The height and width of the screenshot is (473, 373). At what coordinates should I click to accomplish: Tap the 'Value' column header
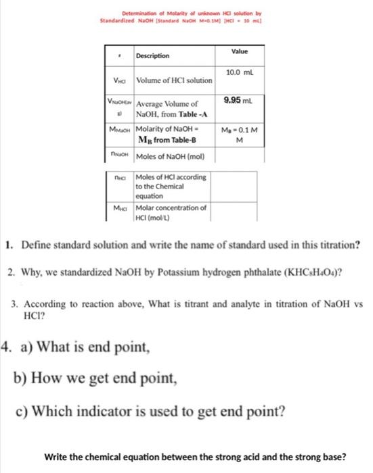tap(240, 51)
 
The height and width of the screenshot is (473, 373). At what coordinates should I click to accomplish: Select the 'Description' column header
tap(152, 55)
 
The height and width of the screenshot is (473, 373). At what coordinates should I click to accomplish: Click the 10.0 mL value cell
tap(240, 72)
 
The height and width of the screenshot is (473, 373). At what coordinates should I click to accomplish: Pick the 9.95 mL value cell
tap(239, 101)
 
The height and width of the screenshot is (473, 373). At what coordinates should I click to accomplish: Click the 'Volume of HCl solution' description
tap(175, 81)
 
